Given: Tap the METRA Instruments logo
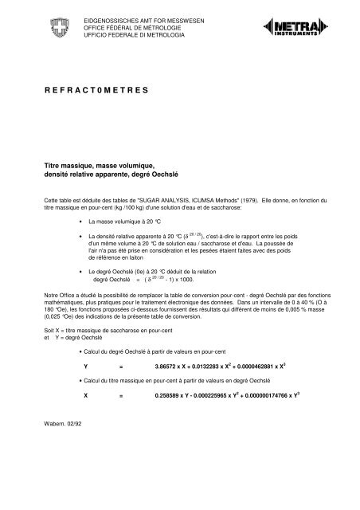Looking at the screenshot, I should click(307, 33).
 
